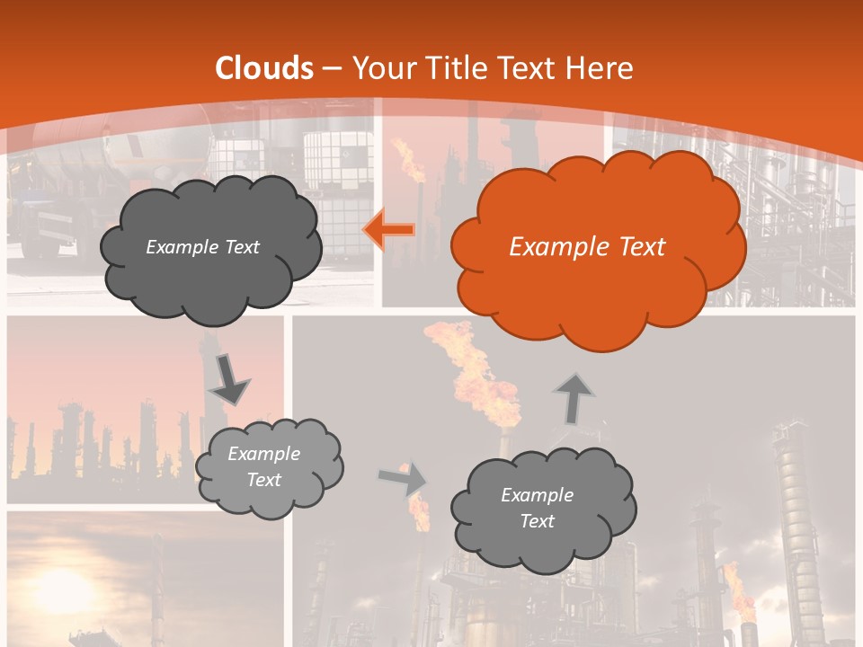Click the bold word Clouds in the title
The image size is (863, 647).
point(264,68)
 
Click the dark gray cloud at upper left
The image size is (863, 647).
point(210,247)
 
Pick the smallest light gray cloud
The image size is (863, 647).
point(269,467)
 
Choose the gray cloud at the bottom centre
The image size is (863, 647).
point(543,508)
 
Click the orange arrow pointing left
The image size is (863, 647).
point(389,230)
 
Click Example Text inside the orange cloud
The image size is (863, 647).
point(587,247)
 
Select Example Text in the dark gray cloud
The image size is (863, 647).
point(202,247)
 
